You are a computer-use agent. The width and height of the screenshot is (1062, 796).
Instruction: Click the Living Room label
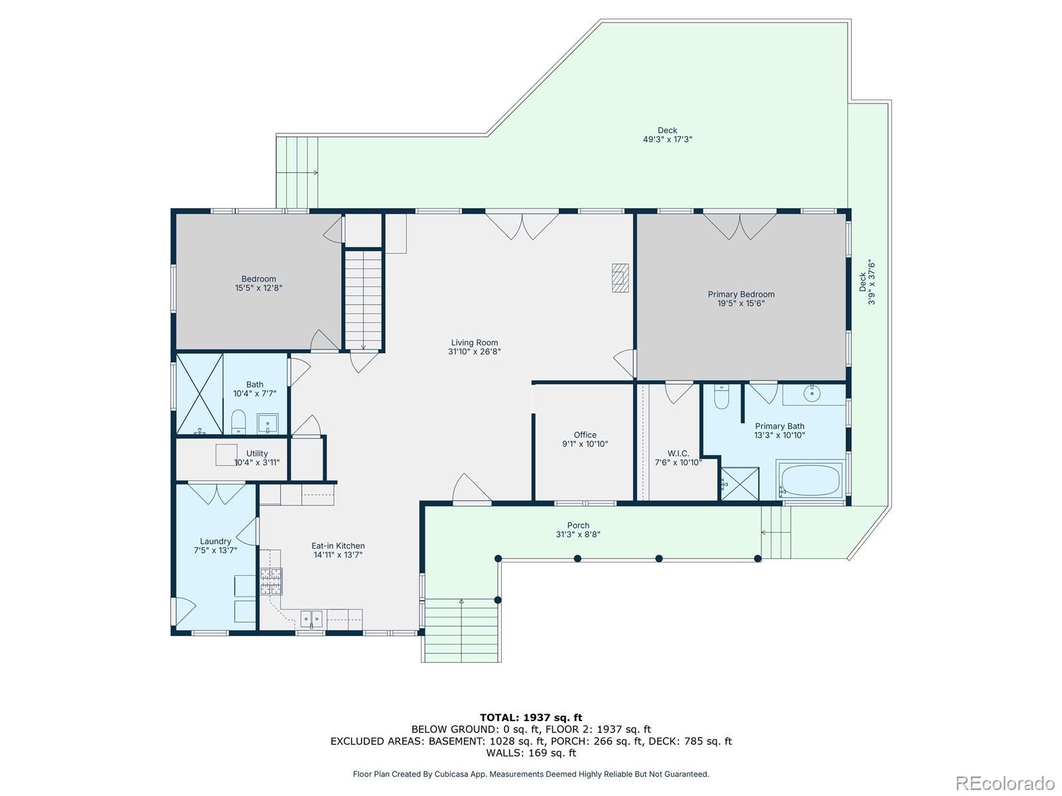click(x=474, y=343)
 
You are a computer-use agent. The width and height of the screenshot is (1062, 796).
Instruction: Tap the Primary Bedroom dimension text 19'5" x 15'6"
click(x=741, y=304)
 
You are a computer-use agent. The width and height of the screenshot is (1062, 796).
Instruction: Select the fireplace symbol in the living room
click(x=620, y=278)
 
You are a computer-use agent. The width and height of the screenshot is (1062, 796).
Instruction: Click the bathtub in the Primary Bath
click(x=811, y=480)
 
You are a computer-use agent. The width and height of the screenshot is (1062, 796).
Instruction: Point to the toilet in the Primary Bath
click(x=721, y=397)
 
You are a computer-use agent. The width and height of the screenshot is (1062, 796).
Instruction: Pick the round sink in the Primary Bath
click(x=812, y=393)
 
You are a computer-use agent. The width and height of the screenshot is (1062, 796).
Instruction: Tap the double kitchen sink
click(x=311, y=618)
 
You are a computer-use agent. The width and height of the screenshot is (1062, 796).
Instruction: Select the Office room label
click(x=585, y=435)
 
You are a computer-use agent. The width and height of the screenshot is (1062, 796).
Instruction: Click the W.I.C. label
click(x=678, y=453)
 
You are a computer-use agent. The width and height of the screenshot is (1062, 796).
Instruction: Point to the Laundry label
click(x=215, y=541)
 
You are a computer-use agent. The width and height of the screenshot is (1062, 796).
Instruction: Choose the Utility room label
click(x=257, y=453)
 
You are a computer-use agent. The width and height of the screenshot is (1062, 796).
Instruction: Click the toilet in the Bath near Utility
click(x=238, y=422)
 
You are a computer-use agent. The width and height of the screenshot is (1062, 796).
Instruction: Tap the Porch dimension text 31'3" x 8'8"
click(x=578, y=534)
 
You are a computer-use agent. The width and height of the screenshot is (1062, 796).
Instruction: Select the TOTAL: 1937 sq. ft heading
click(x=531, y=718)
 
